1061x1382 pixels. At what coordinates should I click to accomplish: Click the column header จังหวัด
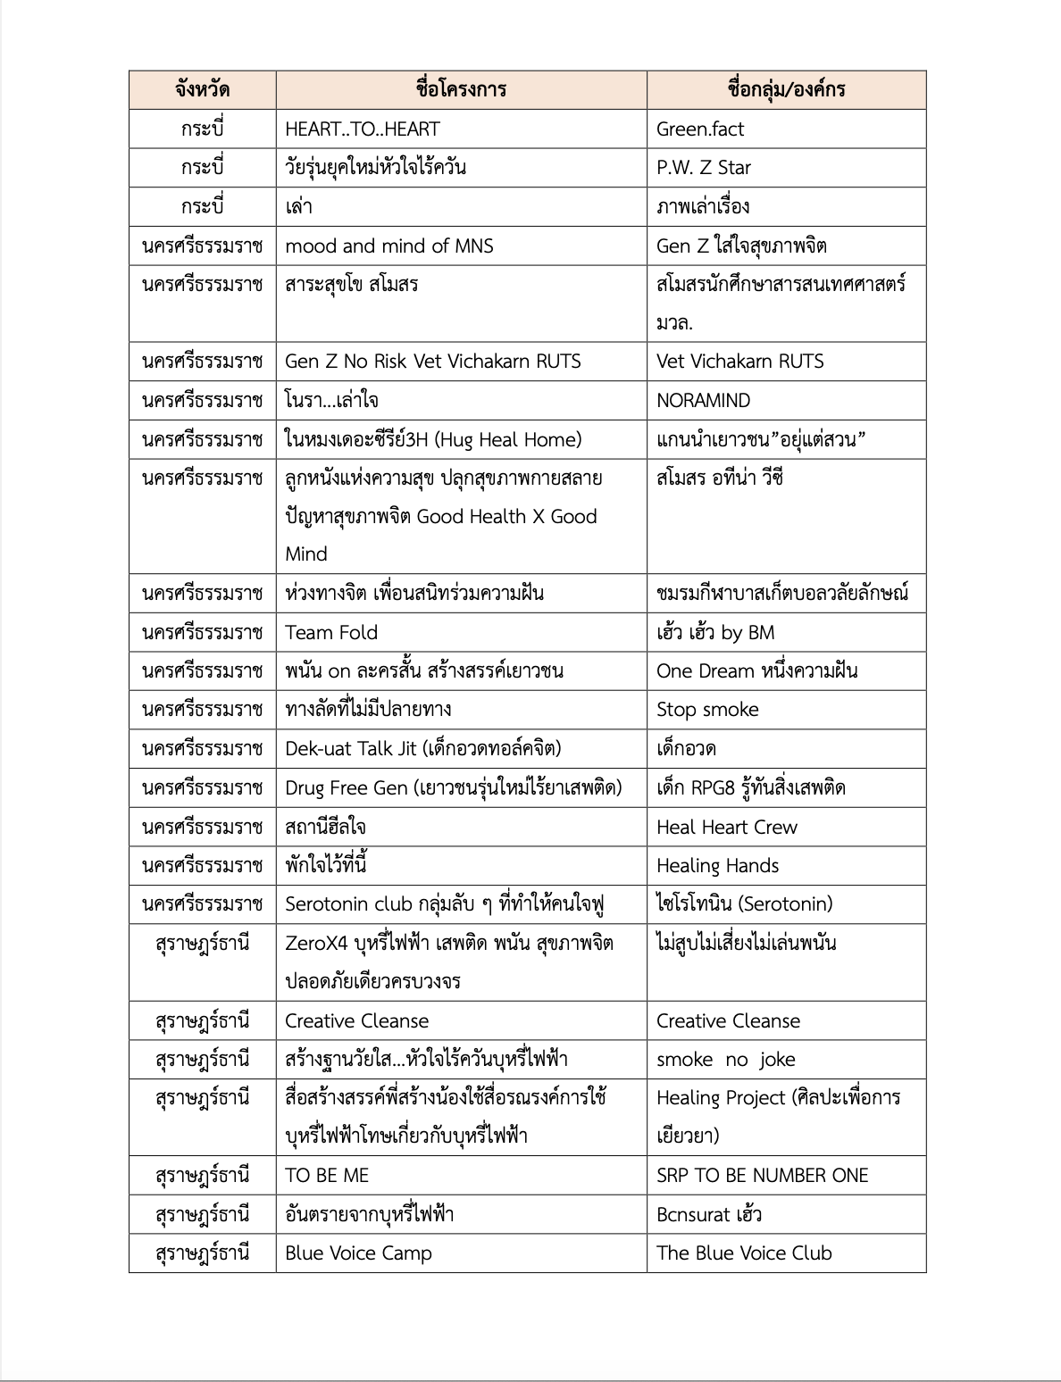click(202, 89)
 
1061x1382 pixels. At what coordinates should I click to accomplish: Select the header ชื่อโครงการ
click(461, 89)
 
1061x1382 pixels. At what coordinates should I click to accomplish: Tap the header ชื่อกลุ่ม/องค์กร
click(786, 89)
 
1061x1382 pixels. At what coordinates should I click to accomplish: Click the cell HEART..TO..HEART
click(363, 129)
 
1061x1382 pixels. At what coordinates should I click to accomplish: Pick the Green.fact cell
click(700, 129)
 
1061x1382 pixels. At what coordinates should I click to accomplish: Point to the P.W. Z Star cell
click(704, 168)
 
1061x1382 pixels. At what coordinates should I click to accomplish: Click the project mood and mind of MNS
click(389, 246)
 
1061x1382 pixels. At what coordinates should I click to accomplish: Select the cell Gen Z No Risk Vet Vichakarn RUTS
click(433, 362)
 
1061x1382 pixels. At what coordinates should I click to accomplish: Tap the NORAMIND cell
click(704, 401)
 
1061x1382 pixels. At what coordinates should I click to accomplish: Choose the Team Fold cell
click(331, 633)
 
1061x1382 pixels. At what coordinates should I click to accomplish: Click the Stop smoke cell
click(707, 710)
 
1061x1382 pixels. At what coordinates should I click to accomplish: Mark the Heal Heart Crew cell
click(727, 828)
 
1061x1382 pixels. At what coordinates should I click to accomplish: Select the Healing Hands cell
click(718, 866)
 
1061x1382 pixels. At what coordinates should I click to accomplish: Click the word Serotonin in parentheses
click(785, 904)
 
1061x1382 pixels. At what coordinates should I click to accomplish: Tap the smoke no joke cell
click(726, 1060)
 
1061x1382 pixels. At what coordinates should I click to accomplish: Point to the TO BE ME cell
click(327, 1176)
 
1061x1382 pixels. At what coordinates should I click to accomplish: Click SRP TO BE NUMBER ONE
click(763, 1176)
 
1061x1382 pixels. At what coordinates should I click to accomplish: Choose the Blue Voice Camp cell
click(358, 1253)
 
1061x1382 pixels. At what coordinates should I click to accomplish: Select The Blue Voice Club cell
click(744, 1253)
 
